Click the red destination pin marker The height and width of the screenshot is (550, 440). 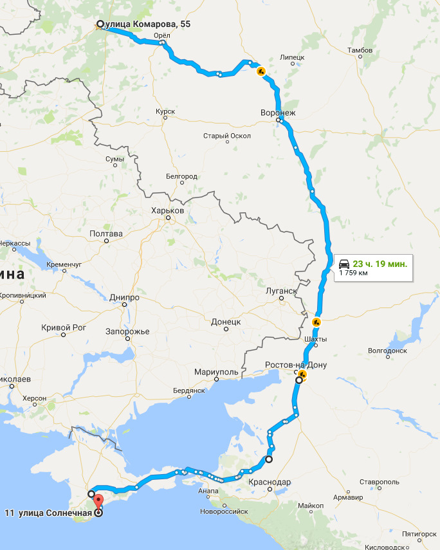(x=98, y=501)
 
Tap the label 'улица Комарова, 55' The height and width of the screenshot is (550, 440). (x=148, y=24)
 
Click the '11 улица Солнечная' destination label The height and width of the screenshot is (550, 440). (x=46, y=513)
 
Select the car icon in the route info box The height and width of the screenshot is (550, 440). (x=344, y=264)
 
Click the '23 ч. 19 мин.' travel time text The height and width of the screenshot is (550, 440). (x=380, y=264)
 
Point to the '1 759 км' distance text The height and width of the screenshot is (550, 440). (x=354, y=273)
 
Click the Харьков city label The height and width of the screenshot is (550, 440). (x=167, y=210)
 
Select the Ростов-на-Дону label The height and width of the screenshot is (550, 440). (x=296, y=365)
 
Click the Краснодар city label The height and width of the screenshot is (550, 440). (x=272, y=482)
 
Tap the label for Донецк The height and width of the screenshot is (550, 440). (x=226, y=321)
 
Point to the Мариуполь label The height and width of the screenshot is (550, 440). (x=217, y=372)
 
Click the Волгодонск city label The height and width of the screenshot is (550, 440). (x=387, y=351)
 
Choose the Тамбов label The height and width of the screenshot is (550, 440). (x=359, y=50)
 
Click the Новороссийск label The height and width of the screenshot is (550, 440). (x=224, y=511)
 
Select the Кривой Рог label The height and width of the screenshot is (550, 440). (x=63, y=327)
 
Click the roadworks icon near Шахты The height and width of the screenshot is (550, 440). (x=316, y=322)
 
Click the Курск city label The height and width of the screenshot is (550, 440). (x=165, y=111)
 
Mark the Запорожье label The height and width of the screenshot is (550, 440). (x=127, y=331)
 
